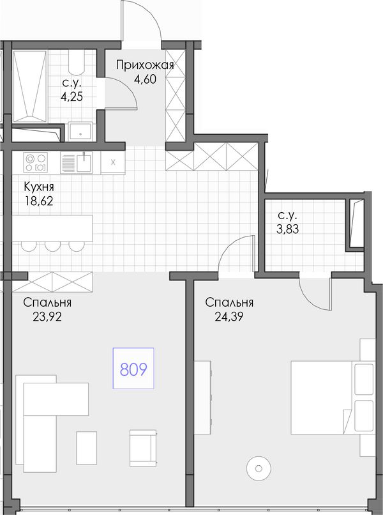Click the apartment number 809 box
click(133, 368)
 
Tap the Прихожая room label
click(145, 65)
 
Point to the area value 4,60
click(145, 79)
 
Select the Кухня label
click(39, 187)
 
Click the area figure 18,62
click(39, 201)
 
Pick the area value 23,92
click(47, 317)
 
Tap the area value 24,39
click(229, 317)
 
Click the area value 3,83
click(287, 229)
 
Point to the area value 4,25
click(71, 96)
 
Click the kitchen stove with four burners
click(36, 162)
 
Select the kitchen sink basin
click(84, 162)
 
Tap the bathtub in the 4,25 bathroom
click(29, 86)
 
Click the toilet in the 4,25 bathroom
click(77, 63)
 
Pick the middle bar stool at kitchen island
click(53, 246)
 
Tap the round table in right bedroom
click(259, 468)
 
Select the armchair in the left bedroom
click(143, 448)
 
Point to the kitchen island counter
click(52, 228)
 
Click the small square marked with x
click(113, 162)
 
